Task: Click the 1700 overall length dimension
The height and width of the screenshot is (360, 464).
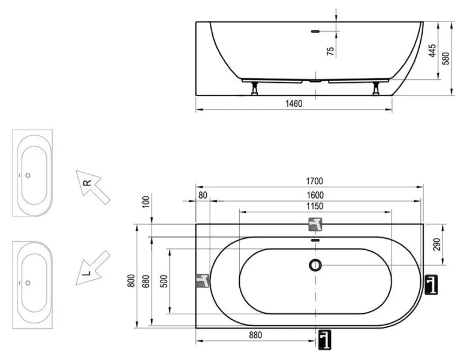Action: coord(315,181)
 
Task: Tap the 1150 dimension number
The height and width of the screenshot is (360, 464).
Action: coord(315,206)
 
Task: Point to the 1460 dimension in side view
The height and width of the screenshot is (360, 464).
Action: coord(293,104)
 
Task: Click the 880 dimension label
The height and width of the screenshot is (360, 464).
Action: coord(255,335)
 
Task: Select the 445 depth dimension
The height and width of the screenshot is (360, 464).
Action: coord(432,52)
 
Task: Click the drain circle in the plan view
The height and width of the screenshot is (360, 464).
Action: coord(315,265)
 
